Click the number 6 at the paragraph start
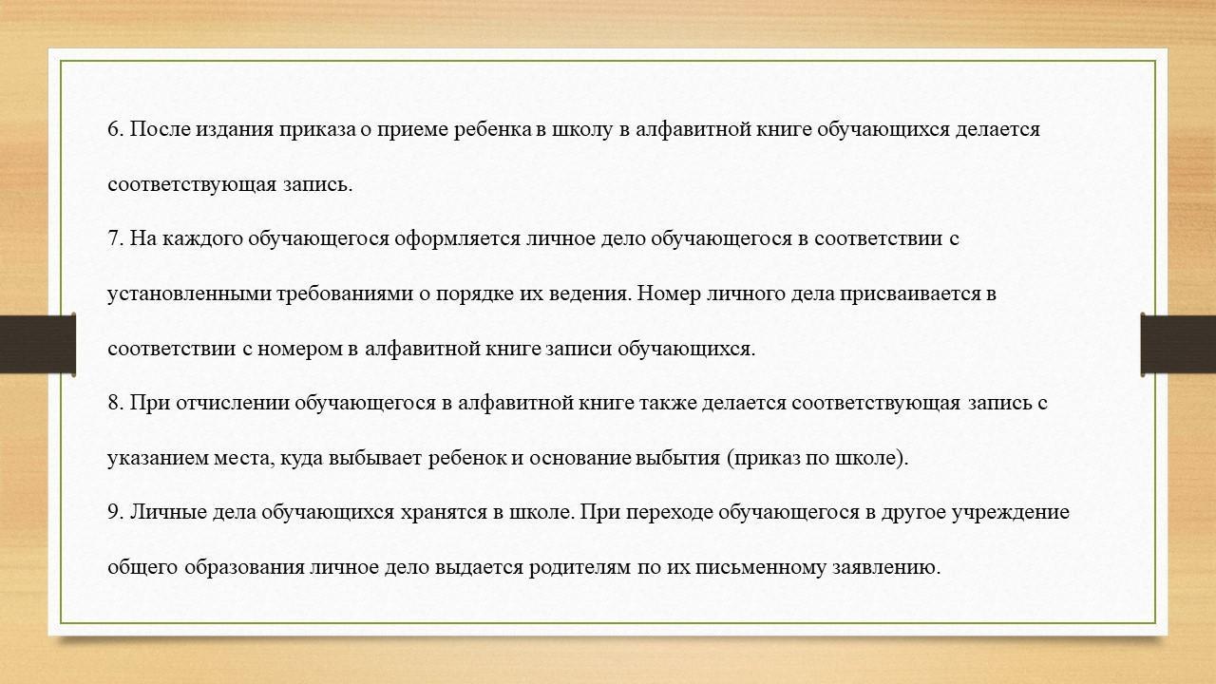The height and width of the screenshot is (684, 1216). tap(113, 129)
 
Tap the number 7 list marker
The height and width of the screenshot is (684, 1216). tap(113, 238)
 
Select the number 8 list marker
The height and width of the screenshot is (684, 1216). tap(113, 403)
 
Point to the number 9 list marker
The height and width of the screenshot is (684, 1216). tap(113, 512)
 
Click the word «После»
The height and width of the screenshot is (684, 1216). tap(160, 129)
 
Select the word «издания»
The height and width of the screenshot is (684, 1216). tap(235, 130)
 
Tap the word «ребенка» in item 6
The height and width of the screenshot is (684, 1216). tap(492, 129)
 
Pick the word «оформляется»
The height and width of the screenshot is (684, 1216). tap(458, 238)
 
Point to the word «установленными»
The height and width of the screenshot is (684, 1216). tap(189, 294)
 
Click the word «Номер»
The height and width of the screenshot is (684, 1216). tap(669, 294)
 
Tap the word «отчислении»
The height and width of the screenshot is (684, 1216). tap(233, 404)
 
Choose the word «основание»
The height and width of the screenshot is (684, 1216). tap(580, 458)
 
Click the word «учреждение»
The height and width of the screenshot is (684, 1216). tap(1011, 513)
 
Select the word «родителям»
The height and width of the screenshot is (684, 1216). tap(579, 568)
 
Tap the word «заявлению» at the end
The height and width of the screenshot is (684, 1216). tap(886, 568)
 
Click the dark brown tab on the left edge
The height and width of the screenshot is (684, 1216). tap(37, 344)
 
